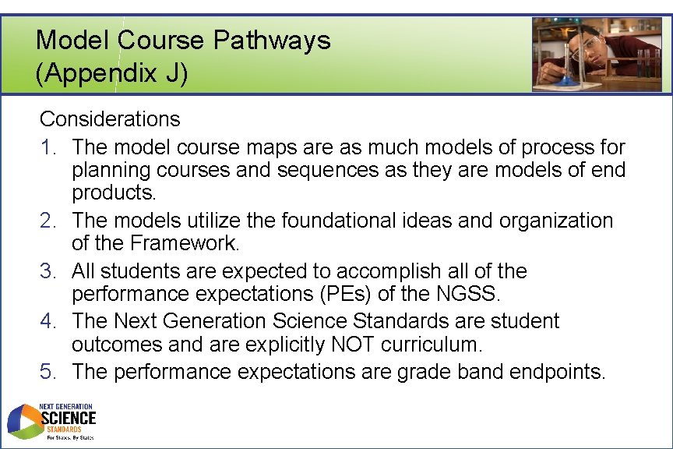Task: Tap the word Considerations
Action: [110, 119]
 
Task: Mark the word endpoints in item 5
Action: [556, 372]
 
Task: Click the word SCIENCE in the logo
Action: [69, 419]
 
